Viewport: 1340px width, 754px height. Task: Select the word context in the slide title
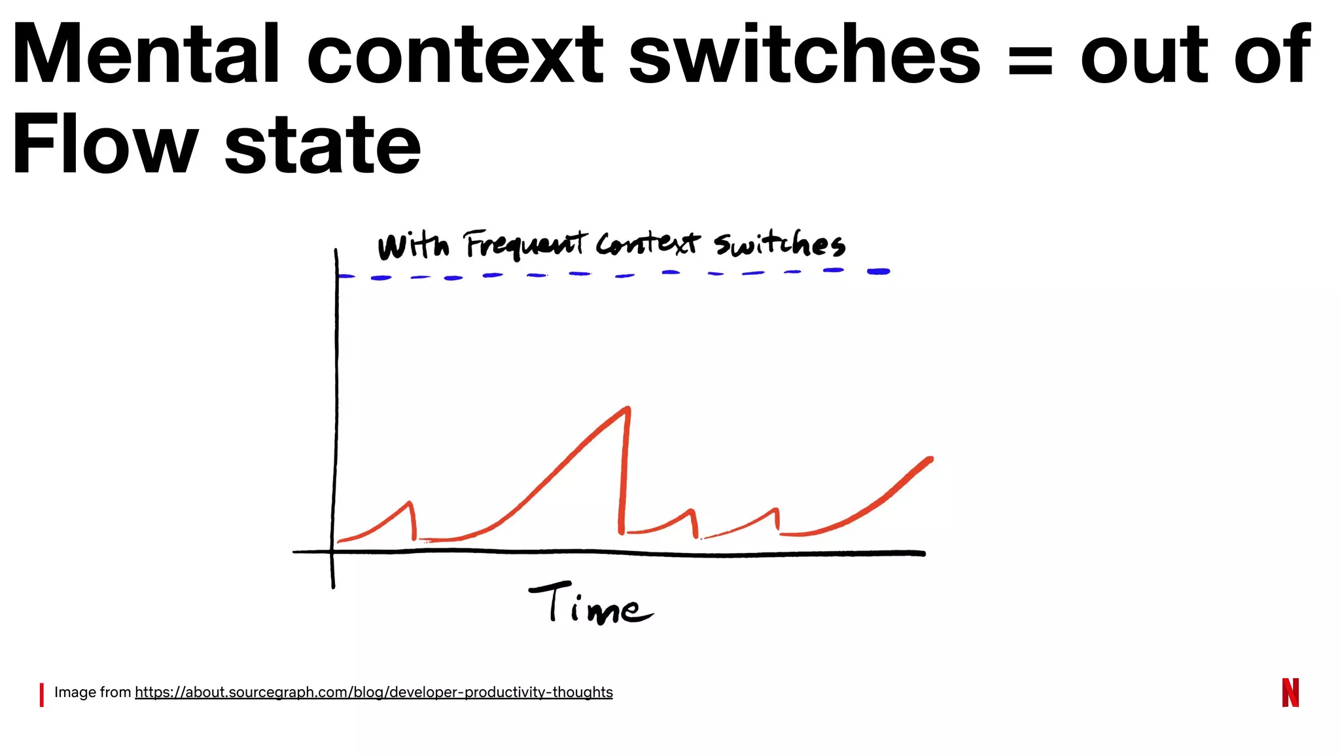(x=455, y=55)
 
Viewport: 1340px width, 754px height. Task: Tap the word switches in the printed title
(x=804, y=55)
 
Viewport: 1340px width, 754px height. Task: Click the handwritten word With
(x=414, y=247)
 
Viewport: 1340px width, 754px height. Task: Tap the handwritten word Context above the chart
(x=647, y=244)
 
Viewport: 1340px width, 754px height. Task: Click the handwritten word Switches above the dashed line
(x=779, y=244)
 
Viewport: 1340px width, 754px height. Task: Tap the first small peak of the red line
(x=410, y=503)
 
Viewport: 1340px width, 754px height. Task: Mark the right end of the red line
(x=930, y=459)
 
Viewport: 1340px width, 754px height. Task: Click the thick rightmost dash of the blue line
(x=878, y=272)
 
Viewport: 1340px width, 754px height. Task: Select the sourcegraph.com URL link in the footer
(x=374, y=692)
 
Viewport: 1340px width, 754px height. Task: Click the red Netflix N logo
(x=1290, y=692)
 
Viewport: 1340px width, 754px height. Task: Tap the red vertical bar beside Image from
(x=42, y=694)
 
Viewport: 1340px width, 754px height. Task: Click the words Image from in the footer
(x=92, y=692)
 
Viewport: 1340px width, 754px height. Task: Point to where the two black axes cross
(x=334, y=552)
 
